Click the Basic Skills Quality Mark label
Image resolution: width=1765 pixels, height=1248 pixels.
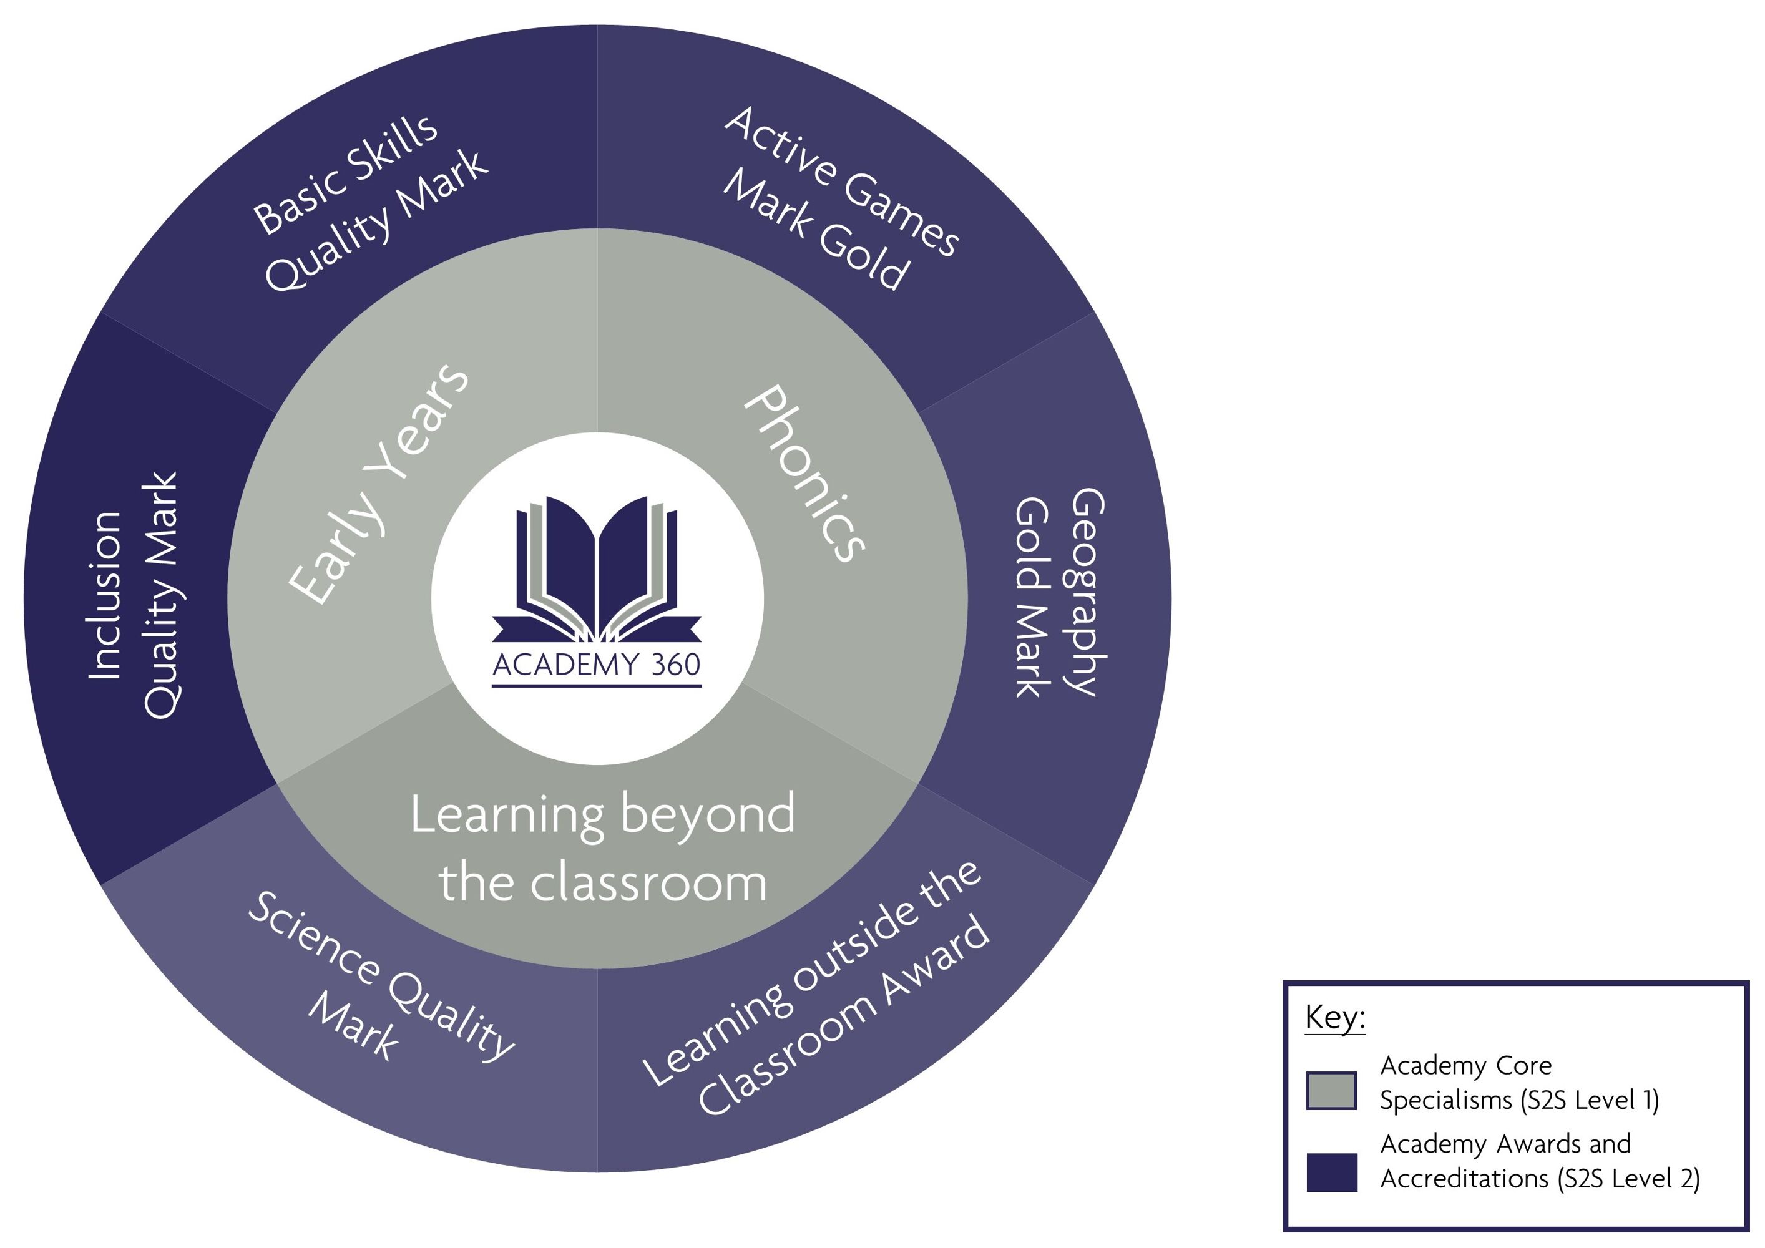click(371, 203)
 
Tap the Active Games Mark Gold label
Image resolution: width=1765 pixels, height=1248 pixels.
click(840, 199)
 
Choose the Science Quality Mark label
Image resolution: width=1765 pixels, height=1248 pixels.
click(381, 977)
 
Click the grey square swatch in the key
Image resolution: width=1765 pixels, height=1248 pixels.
click(1331, 1091)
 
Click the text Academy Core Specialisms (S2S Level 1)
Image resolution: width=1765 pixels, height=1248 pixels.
click(1520, 1083)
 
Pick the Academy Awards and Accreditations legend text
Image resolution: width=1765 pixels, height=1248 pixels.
click(1540, 1161)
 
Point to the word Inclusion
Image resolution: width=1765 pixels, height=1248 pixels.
click(105, 595)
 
